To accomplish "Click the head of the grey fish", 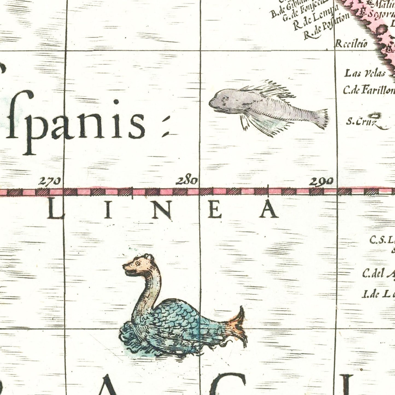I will click(222, 100).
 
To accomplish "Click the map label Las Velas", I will click(365, 73).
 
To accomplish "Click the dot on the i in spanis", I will click(116, 102).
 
